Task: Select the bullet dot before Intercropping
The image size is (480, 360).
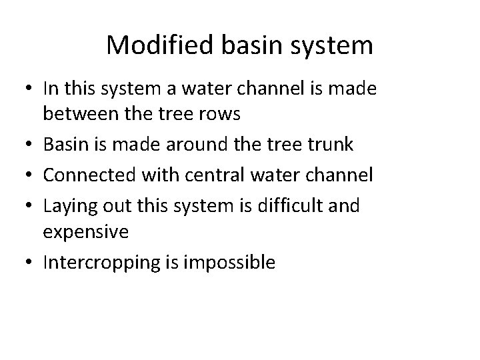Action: [29, 263]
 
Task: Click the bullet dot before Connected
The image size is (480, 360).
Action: [29, 175]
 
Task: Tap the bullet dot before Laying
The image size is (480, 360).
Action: [29, 205]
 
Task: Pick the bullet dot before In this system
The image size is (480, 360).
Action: [29, 88]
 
